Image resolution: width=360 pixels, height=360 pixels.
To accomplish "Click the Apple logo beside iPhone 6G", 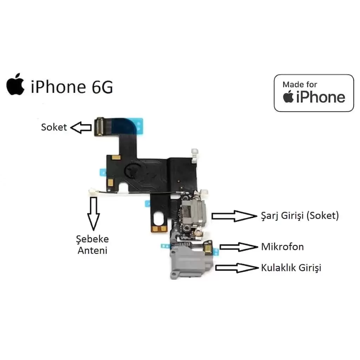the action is [x=15, y=84].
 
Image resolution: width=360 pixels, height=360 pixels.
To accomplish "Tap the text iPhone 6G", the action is [x=72, y=87].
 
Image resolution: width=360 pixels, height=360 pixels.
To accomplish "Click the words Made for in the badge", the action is [x=300, y=84].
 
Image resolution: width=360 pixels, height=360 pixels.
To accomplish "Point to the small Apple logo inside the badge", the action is [x=288, y=96].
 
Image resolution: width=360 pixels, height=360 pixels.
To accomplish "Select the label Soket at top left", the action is [x=54, y=127].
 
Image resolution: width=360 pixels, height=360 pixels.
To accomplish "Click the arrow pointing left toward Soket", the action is [x=81, y=127].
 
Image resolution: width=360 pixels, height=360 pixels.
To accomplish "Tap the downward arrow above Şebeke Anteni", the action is [x=94, y=213].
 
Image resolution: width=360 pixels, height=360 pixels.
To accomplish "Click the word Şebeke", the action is [x=92, y=239].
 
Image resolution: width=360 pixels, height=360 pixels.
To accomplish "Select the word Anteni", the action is [x=92, y=250].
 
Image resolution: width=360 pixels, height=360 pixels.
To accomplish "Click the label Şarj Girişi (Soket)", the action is [x=300, y=216].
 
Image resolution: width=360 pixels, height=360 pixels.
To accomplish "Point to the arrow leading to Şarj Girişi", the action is [x=234, y=216].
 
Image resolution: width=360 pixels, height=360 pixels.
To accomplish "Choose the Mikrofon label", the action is [x=282, y=247].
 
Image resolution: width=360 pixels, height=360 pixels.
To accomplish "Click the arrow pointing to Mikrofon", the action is [x=239, y=247].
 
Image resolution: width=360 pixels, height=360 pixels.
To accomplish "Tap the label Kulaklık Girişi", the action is [x=291, y=268].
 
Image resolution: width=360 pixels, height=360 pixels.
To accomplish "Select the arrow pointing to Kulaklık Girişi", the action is [x=237, y=268].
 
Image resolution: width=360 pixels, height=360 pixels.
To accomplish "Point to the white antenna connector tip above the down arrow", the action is [x=93, y=192].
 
